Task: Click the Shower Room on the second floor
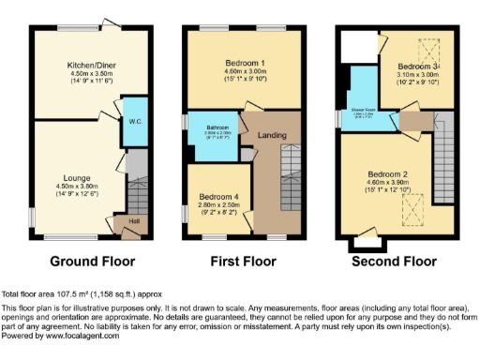pyautogui.click(x=362, y=111)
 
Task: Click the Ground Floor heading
pyautogui.click(x=92, y=262)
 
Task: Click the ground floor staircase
pyautogui.click(x=137, y=193)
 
